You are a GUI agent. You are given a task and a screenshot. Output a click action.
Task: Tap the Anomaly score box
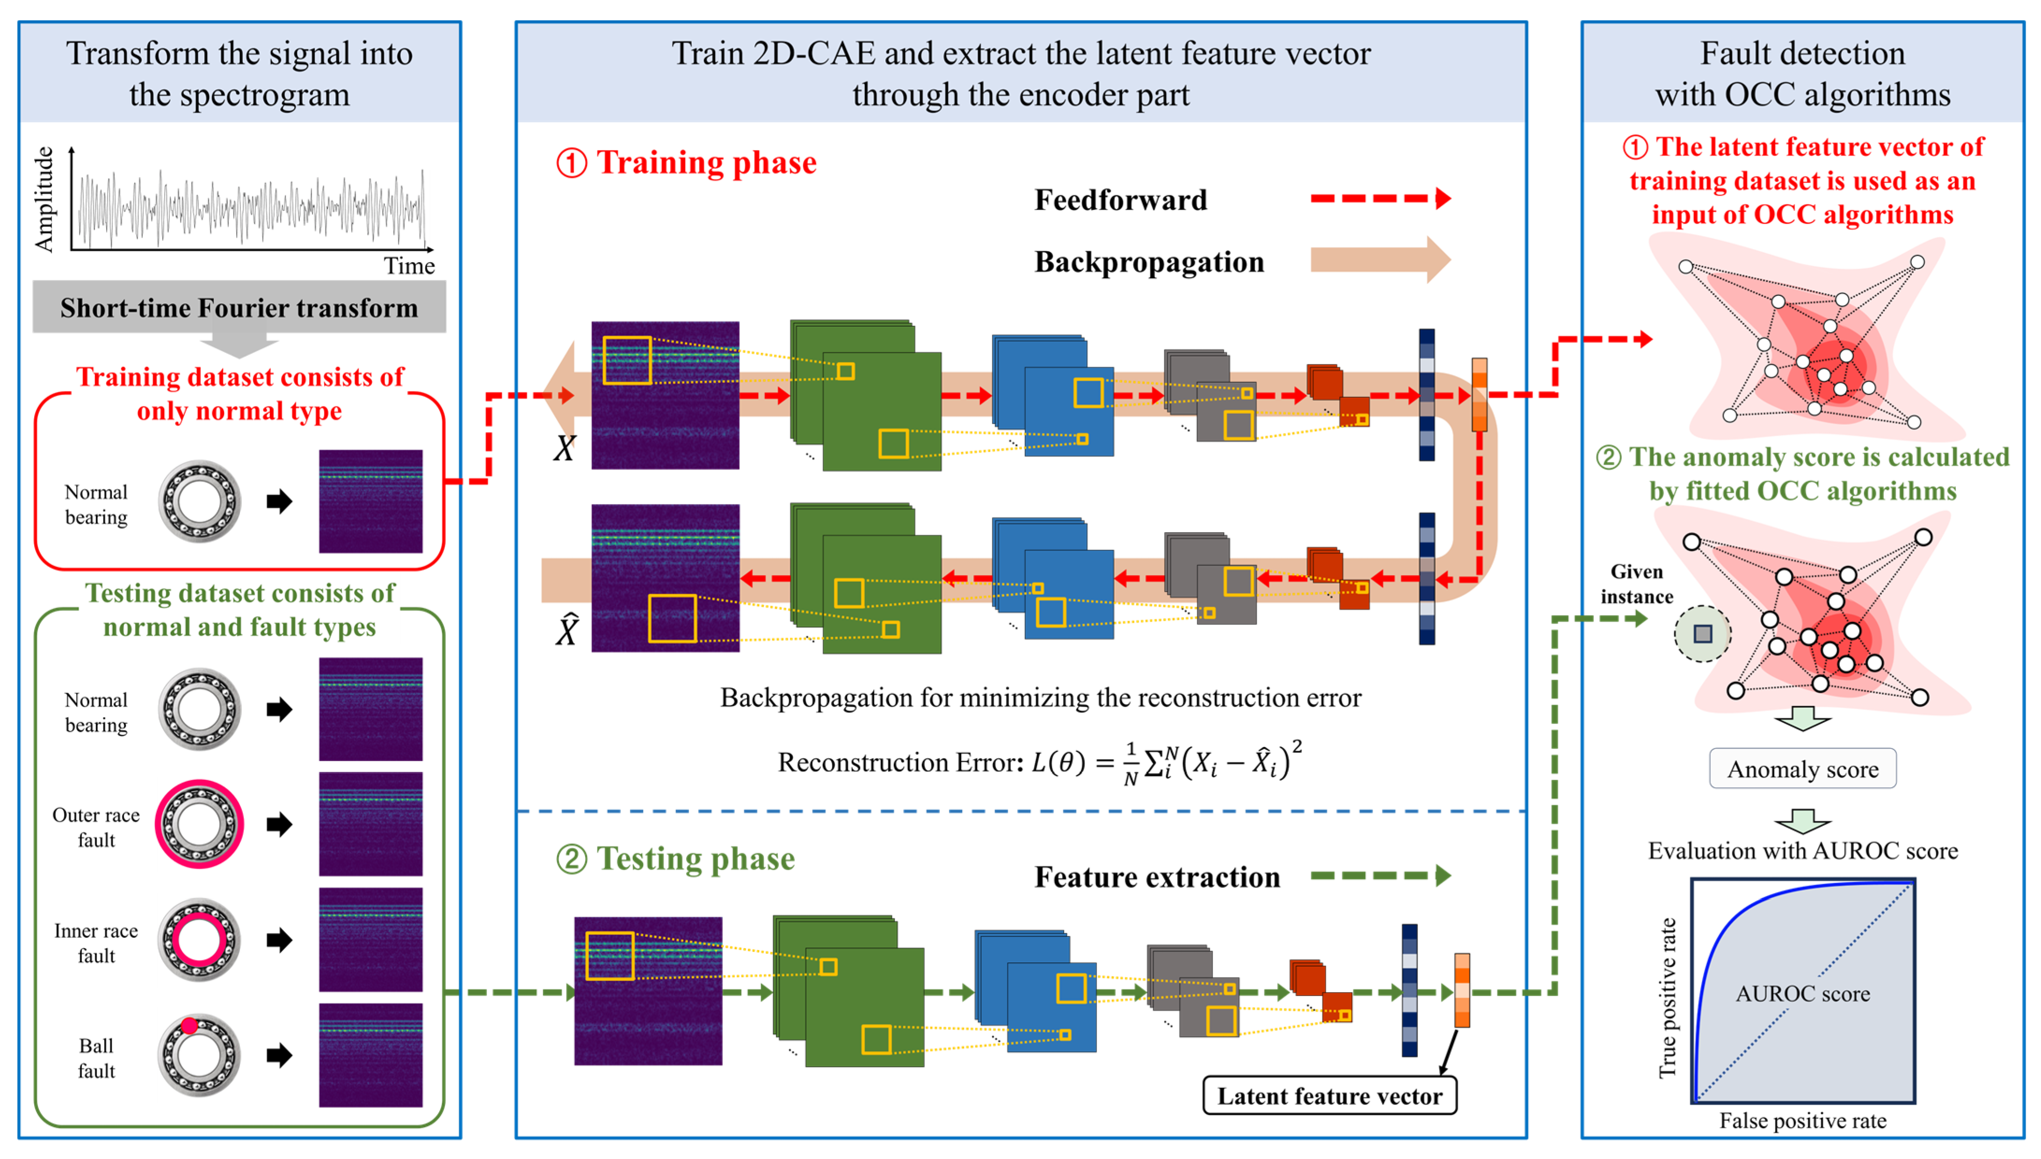point(1802,769)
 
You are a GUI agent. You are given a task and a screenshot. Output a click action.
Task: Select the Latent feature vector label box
point(1329,1096)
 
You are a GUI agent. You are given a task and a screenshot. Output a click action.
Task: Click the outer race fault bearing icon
point(199,824)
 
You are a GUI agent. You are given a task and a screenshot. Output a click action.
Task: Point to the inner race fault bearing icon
point(199,939)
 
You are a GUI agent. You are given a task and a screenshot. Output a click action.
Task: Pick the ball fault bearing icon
point(199,1055)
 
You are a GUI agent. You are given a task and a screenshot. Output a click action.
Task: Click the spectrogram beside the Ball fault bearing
point(370,1055)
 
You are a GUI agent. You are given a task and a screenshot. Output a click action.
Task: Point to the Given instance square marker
point(1702,633)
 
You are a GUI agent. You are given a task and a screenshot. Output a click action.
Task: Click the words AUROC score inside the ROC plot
point(1802,993)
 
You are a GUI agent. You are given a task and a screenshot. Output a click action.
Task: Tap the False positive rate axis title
point(1802,1121)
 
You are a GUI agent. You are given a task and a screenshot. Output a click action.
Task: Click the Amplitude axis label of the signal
point(44,199)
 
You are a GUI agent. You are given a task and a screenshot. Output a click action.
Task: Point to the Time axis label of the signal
point(409,266)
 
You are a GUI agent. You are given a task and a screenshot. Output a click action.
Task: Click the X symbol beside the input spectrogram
point(565,448)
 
